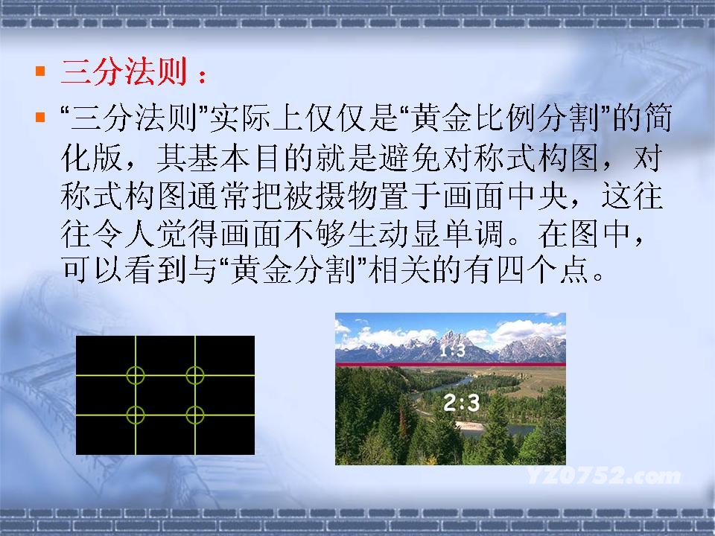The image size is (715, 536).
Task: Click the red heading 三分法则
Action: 124,72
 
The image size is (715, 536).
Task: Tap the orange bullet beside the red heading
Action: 40,71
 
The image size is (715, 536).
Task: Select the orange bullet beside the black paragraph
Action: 40,117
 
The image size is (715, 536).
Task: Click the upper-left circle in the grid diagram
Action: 136,375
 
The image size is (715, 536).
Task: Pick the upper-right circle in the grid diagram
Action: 194,375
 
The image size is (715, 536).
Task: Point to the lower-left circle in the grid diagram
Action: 136,415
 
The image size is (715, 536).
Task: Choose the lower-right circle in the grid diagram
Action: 194,415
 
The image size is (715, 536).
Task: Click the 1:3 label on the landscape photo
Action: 452,351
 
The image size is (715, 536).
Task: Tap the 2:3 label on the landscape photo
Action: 462,403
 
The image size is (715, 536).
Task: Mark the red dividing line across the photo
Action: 451,364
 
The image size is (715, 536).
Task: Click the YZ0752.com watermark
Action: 604,476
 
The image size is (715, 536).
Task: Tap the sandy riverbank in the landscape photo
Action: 470,427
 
